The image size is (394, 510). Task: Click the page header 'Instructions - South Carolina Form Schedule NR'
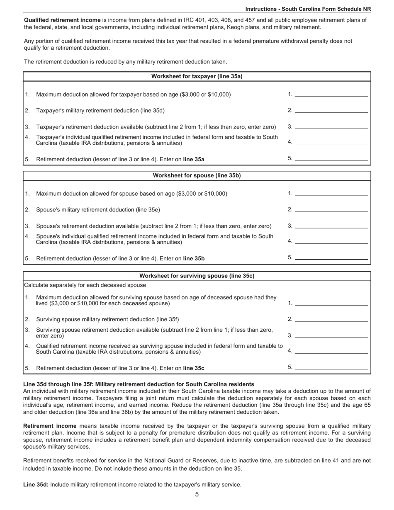click(x=308, y=9)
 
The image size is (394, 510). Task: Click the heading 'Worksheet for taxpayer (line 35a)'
click(x=197, y=76)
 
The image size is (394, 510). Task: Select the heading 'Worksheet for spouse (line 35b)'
click(x=197, y=175)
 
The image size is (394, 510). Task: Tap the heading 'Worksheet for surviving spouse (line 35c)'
click(x=197, y=276)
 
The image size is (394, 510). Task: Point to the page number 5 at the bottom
click(x=197, y=494)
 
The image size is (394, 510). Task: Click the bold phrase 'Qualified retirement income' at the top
click(x=62, y=20)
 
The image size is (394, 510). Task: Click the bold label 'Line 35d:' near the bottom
click(x=36, y=484)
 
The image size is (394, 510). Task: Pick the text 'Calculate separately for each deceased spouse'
click(x=85, y=285)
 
